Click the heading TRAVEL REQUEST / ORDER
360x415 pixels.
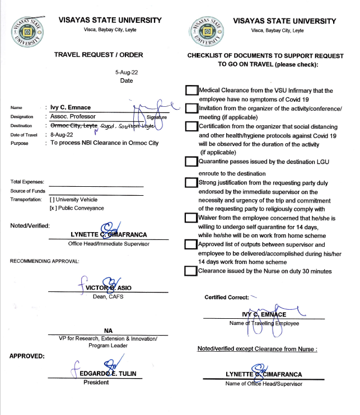[x=99, y=55]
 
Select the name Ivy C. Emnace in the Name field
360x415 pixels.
[x=70, y=107]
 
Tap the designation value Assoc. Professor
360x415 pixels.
[x=73, y=117]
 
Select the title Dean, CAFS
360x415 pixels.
[x=108, y=296]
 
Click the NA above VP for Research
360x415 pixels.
[x=108, y=331]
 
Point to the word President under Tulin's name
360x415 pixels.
[x=96, y=383]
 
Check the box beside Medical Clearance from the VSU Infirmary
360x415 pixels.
[x=191, y=91]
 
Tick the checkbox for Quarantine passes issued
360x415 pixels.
[x=191, y=162]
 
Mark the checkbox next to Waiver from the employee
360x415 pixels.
[x=191, y=218]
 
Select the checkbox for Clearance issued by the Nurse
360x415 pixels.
[x=191, y=271]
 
